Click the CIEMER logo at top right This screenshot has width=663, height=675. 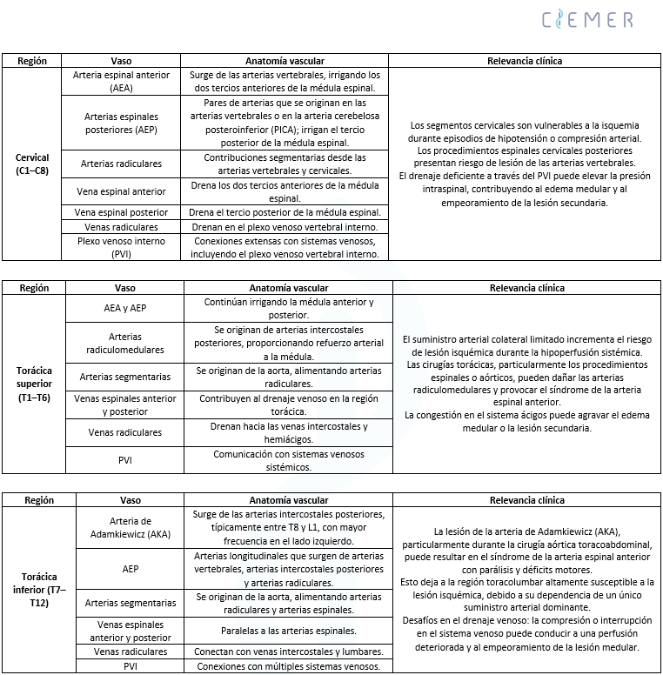click(587, 19)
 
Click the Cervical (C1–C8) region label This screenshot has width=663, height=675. click(32, 164)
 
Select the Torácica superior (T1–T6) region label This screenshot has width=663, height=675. click(34, 384)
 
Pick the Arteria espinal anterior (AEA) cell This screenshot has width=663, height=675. click(122, 81)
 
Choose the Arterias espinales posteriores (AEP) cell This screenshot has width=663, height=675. click(122, 122)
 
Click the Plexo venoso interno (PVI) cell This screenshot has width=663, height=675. click(122, 248)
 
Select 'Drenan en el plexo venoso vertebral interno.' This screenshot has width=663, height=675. click(285, 227)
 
